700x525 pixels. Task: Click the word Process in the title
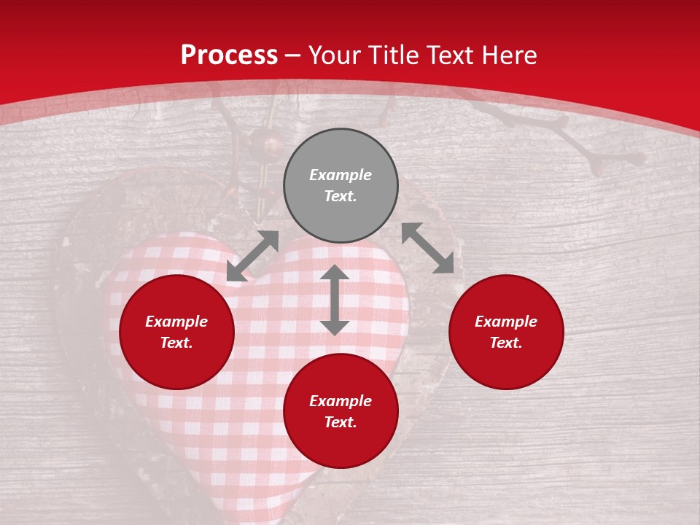tap(229, 55)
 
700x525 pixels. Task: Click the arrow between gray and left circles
tap(252, 256)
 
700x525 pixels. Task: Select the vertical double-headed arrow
tap(335, 300)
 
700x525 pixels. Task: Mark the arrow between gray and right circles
tap(428, 248)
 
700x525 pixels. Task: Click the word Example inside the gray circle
tap(341, 175)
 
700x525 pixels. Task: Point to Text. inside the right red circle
tap(506, 343)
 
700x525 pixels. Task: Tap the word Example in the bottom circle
tap(341, 401)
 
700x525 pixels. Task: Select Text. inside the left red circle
tap(176, 343)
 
